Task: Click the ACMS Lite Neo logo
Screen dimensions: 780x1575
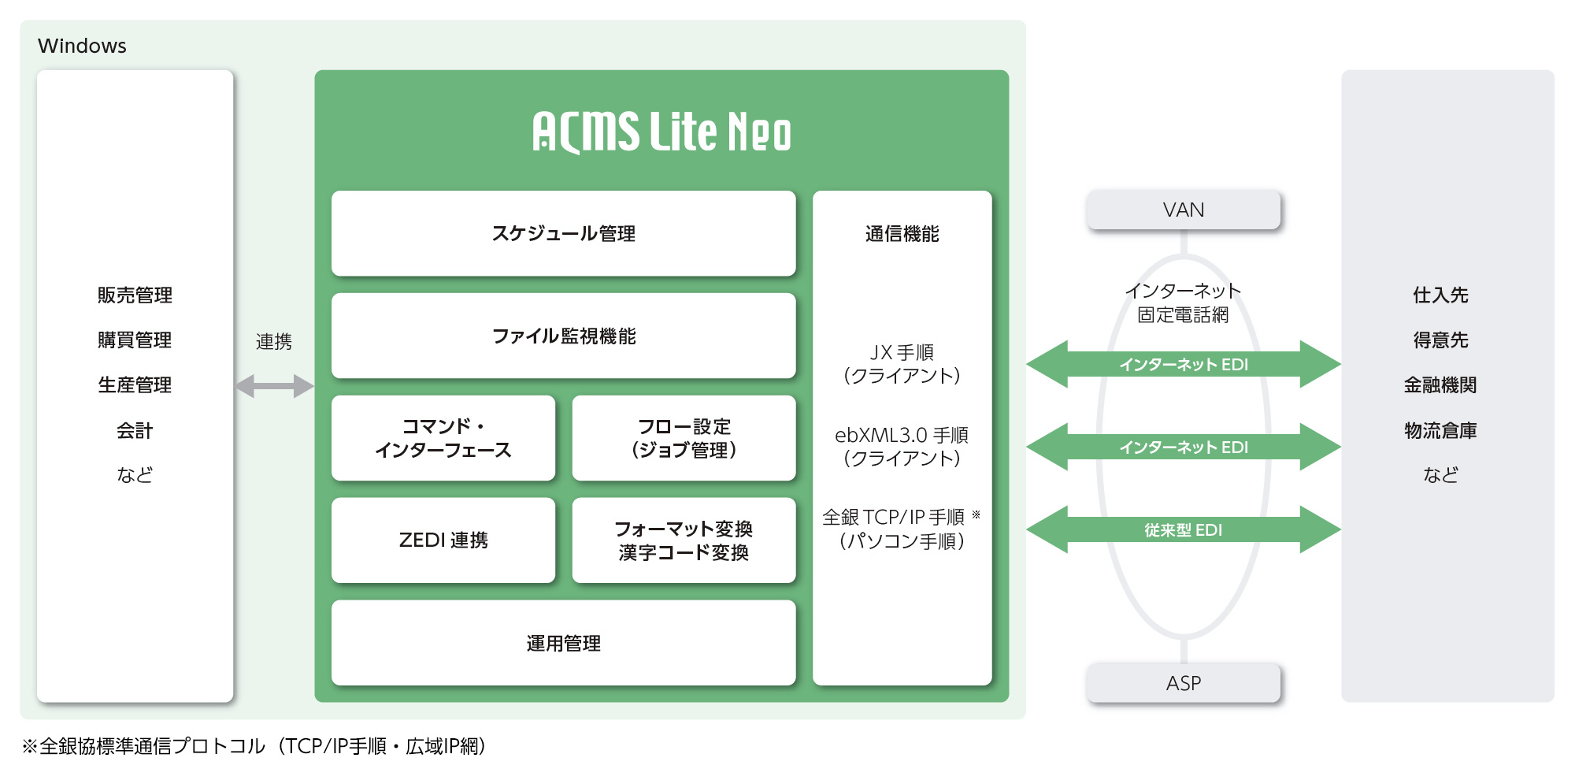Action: tap(661, 132)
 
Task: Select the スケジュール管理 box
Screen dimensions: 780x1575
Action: tap(563, 233)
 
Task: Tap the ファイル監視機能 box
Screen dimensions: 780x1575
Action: tap(563, 336)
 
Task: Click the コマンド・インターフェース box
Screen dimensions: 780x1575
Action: tap(443, 438)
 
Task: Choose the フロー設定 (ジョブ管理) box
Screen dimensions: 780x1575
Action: tap(684, 438)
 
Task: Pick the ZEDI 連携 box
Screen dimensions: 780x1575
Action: tap(443, 540)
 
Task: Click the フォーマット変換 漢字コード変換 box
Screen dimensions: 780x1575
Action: tap(684, 540)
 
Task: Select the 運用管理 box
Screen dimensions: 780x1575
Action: tap(563, 643)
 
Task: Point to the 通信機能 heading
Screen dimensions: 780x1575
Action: tap(902, 234)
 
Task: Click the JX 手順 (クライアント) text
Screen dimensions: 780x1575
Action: tap(902, 364)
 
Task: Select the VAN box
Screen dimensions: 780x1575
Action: tap(1183, 210)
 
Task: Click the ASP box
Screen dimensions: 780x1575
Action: tap(1183, 683)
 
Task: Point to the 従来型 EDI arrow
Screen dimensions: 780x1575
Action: tap(1183, 529)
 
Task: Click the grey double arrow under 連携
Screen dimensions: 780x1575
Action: tap(275, 386)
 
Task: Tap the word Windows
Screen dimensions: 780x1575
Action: tap(82, 46)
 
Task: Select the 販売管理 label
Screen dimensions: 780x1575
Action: tap(135, 295)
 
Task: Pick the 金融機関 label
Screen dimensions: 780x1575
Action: tap(1440, 385)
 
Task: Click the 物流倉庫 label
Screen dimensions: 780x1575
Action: tap(1440, 430)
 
